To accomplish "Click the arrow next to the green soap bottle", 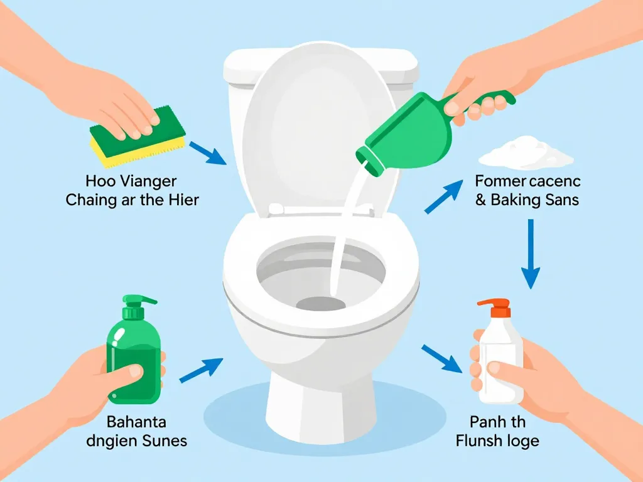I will point(201,370).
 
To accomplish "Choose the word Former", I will point(501,182).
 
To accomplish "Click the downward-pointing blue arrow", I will point(531,254).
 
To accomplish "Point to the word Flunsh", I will point(478,441).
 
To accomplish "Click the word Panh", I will point(484,421).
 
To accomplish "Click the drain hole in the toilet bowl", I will point(320,304).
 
